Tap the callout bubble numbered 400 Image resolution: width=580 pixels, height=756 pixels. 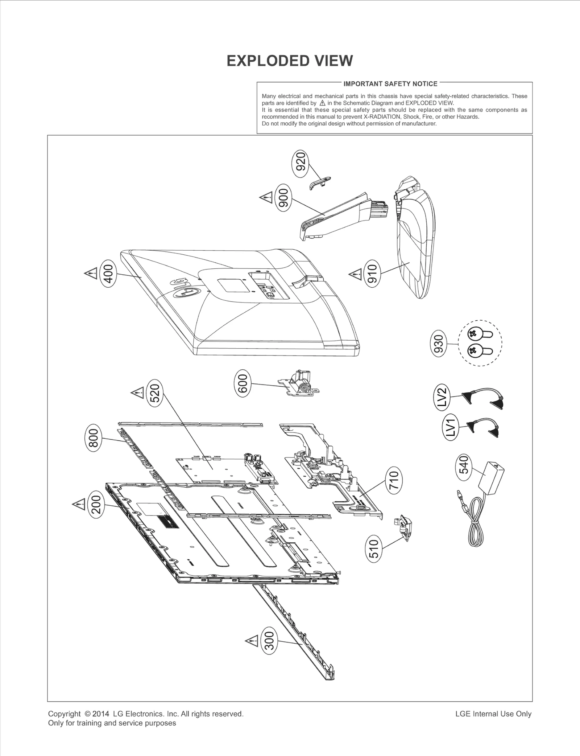coord(109,273)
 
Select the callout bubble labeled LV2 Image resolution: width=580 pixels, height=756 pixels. coord(442,397)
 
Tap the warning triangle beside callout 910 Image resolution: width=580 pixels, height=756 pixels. coord(355,274)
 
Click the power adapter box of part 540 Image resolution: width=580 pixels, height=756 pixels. coord(492,476)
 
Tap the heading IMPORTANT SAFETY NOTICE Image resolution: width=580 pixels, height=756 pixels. coord(390,84)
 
